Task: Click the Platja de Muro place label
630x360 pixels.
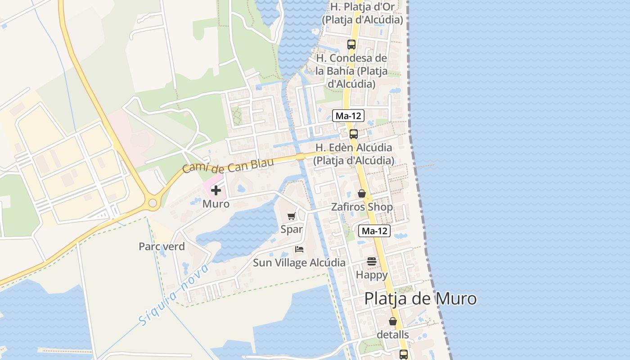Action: [420, 299]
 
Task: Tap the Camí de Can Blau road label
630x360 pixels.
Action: [228, 166]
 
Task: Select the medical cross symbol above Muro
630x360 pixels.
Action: [216, 190]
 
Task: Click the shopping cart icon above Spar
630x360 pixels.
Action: [291, 216]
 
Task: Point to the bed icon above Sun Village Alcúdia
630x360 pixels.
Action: [299, 249]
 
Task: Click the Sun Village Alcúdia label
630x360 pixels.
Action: [299, 263]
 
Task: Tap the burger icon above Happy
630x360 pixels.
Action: [371, 261]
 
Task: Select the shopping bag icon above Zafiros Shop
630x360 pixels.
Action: [361, 193]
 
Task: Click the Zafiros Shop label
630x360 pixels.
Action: [362, 207]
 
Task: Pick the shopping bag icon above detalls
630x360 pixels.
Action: [393, 321]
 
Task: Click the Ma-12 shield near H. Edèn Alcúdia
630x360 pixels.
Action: [348, 116]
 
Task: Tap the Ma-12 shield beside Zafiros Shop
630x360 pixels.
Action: [374, 231]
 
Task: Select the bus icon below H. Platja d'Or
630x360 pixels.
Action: [351, 45]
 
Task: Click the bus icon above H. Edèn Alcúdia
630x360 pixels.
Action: [354, 134]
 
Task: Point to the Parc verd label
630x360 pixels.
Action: [162, 247]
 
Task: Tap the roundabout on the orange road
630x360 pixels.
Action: [153, 203]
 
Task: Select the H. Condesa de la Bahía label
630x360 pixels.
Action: [351, 71]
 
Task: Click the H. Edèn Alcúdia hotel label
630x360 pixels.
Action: [354, 154]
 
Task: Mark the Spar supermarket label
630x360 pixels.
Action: [292, 229]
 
